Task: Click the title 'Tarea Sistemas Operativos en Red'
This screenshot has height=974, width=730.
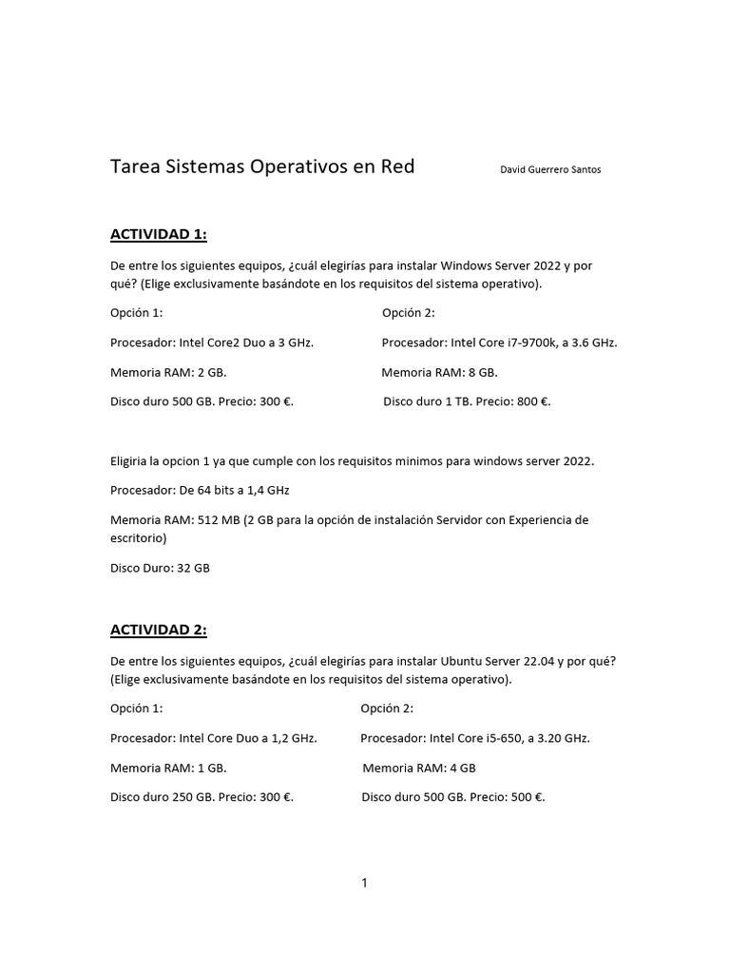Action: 262,167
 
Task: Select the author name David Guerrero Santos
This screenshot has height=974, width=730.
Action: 550,170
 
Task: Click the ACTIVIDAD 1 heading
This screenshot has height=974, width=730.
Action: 158,234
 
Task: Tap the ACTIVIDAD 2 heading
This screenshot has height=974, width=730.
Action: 158,630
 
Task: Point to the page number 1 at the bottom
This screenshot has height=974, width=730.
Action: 364,883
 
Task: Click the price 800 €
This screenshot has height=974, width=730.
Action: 533,401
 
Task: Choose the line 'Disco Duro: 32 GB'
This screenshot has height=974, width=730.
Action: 160,568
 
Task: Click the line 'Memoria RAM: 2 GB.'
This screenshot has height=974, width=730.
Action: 168,372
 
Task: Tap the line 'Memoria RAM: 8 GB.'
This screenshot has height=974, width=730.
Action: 439,372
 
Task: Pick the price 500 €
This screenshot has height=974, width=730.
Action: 528,797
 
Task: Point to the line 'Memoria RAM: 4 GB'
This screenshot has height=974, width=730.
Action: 419,768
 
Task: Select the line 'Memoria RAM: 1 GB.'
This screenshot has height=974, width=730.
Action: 168,768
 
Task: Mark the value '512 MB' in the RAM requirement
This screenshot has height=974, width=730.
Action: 217,520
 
